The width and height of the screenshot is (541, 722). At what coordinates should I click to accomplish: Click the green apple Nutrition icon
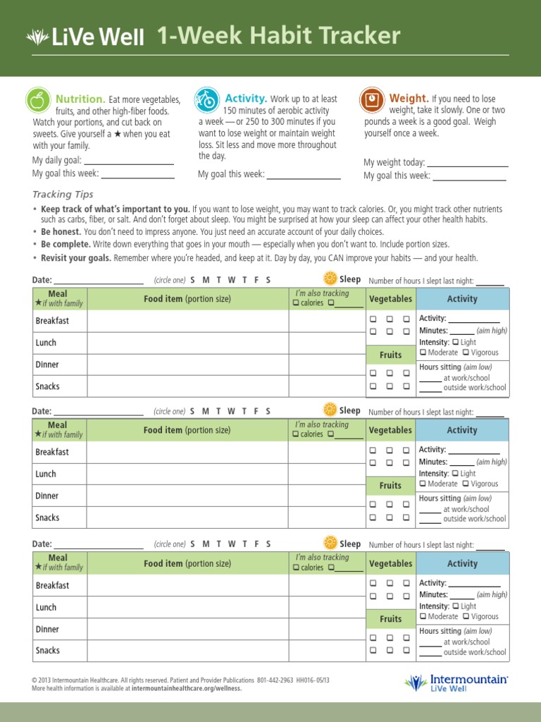click(38, 100)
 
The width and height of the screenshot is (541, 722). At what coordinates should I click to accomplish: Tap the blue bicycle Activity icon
click(206, 99)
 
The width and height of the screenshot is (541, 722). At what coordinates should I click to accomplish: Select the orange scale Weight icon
click(371, 99)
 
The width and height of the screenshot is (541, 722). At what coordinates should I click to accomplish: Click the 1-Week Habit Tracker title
click(278, 36)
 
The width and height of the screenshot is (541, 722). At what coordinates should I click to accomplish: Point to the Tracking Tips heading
click(63, 195)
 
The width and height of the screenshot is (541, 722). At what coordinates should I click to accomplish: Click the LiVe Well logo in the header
click(85, 37)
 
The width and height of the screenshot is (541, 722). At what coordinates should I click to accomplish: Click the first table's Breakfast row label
click(53, 321)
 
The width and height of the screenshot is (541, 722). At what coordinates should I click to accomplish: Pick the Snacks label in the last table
click(48, 651)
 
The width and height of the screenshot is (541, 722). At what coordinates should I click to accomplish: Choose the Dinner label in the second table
click(48, 496)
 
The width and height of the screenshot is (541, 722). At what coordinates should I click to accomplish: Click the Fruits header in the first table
click(390, 355)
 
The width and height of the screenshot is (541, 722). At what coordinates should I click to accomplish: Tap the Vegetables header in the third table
click(390, 564)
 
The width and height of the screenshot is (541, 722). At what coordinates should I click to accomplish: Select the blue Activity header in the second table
click(462, 430)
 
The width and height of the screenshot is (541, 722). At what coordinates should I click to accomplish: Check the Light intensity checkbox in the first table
click(455, 343)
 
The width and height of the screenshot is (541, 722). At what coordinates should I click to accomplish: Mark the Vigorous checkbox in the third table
click(466, 617)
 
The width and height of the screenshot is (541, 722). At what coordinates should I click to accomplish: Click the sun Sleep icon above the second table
click(330, 410)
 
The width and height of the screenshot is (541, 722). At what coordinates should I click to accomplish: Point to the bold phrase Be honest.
click(61, 231)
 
